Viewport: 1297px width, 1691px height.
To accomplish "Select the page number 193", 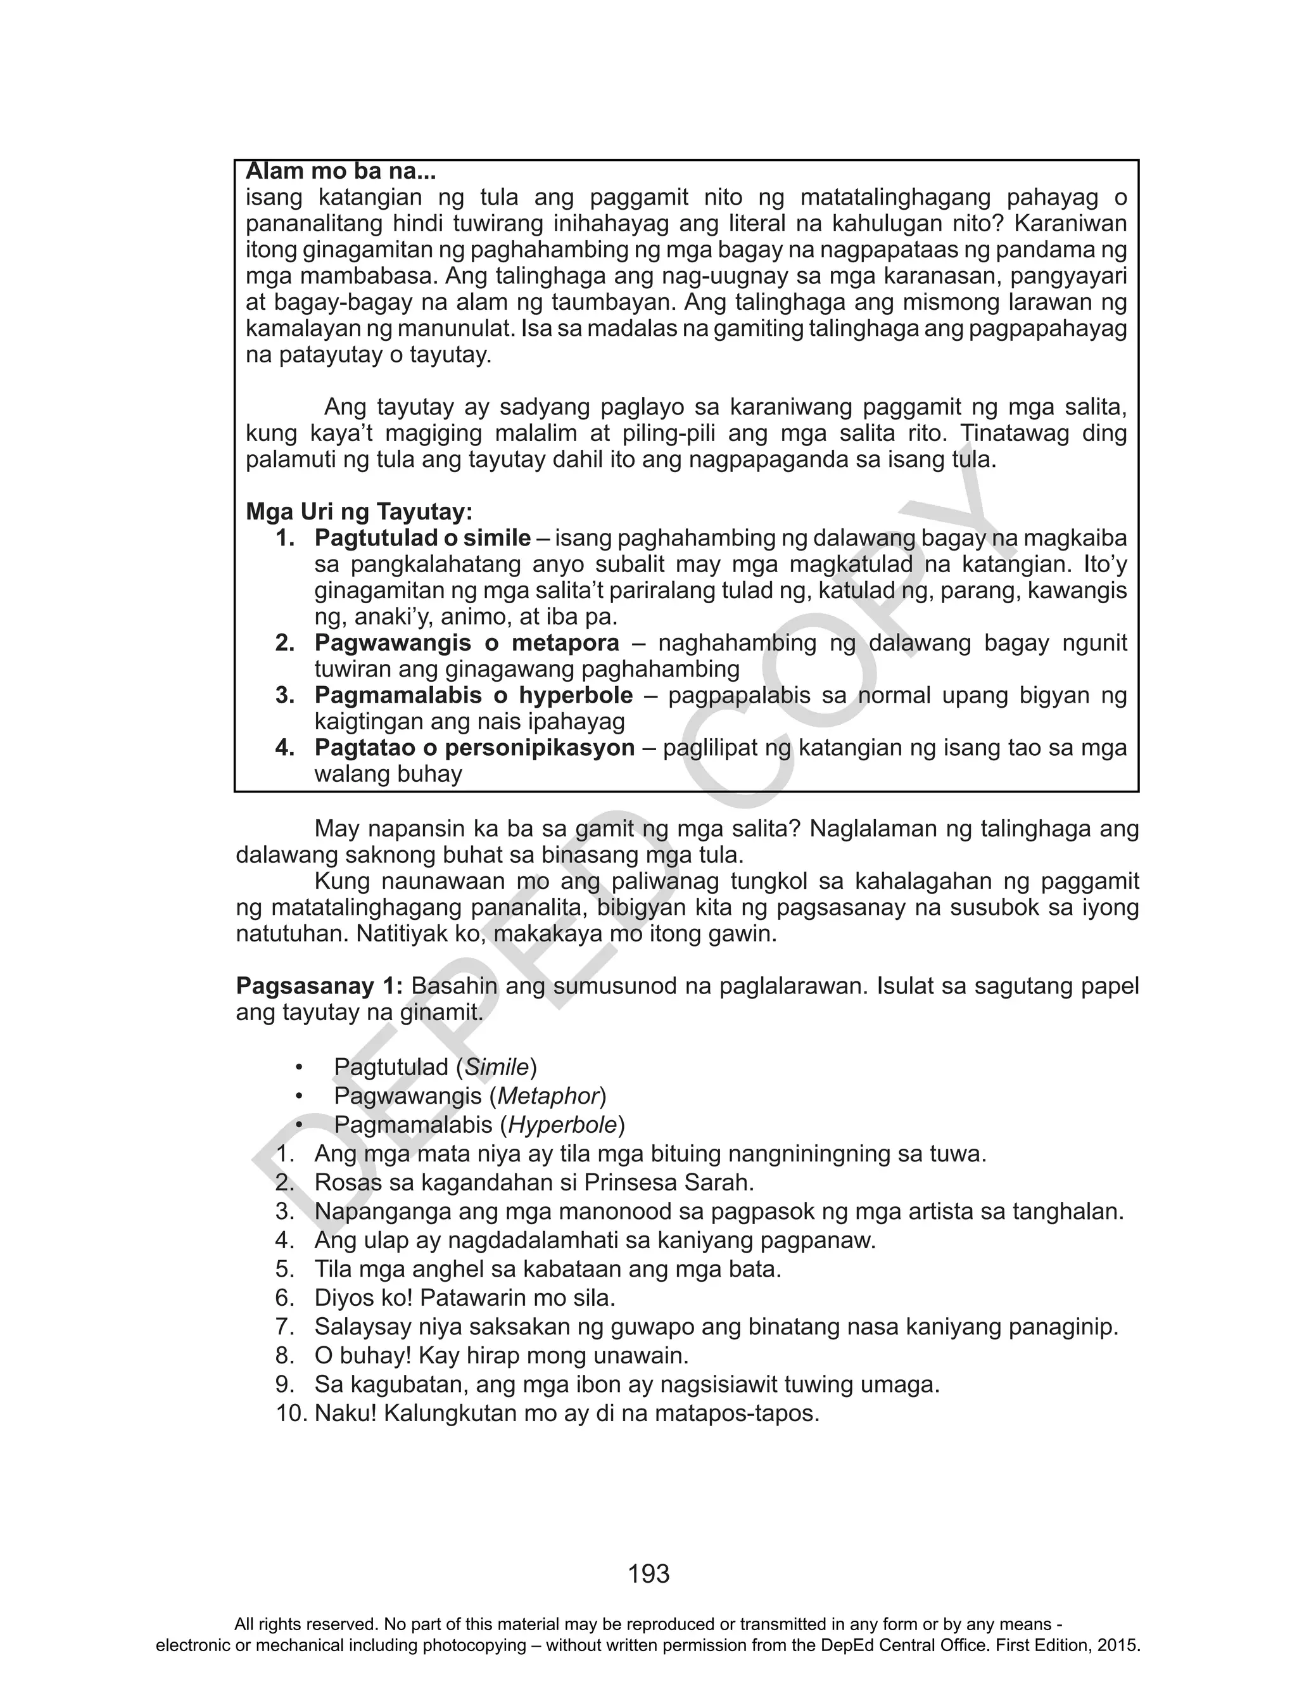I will coord(648,1573).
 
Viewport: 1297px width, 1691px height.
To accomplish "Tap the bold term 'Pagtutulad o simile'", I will coord(422,537).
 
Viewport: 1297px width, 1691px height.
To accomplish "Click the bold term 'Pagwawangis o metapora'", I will coord(466,642).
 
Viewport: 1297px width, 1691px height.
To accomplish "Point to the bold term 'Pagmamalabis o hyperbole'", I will coord(473,695).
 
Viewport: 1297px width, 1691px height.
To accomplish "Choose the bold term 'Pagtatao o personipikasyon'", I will coord(474,748).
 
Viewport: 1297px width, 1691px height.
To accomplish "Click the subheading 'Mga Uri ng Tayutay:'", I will coord(359,511).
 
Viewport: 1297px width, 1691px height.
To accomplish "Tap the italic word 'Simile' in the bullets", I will coord(497,1067).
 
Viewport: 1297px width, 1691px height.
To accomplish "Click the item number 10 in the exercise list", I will coord(292,1413).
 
